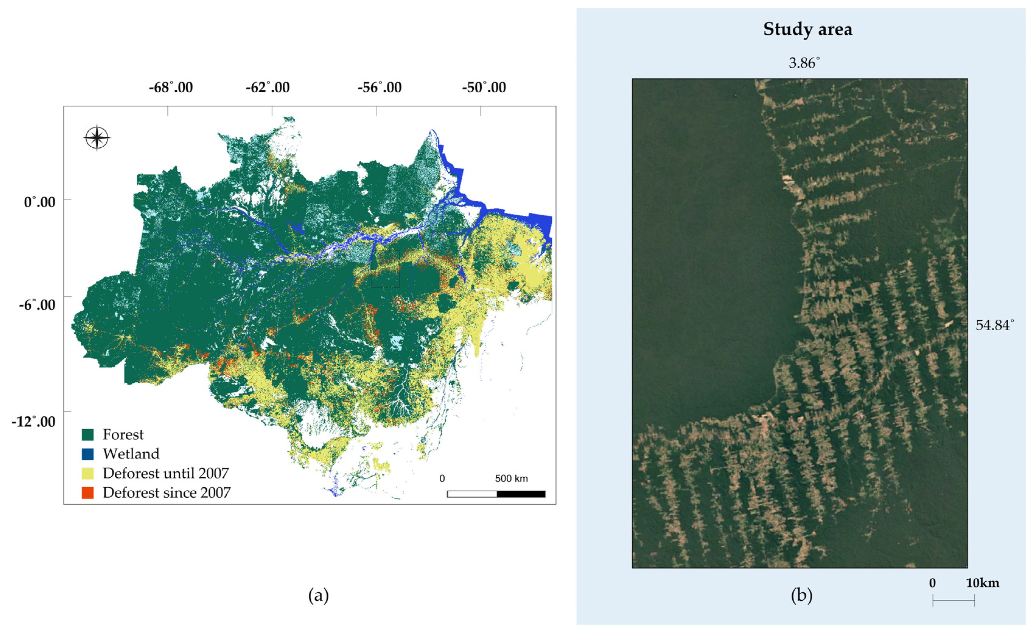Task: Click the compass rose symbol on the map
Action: pos(97,138)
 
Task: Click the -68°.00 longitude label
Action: pos(171,88)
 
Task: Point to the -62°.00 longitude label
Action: pos(267,88)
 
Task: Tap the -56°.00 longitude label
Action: pos(379,88)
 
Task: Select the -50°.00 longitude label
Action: pos(484,88)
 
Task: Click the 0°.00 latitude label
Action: pos(40,202)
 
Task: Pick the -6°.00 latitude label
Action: pos(37,305)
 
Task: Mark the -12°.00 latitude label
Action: pos(33,421)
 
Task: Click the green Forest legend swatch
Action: pos(88,435)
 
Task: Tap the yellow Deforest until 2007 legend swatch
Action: pos(88,473)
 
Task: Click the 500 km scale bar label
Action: pos(511,479)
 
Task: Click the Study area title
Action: pos(808,29)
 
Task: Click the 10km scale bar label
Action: pos(983,583)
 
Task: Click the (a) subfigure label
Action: pos(318,595)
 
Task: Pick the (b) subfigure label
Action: pos(801,595)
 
